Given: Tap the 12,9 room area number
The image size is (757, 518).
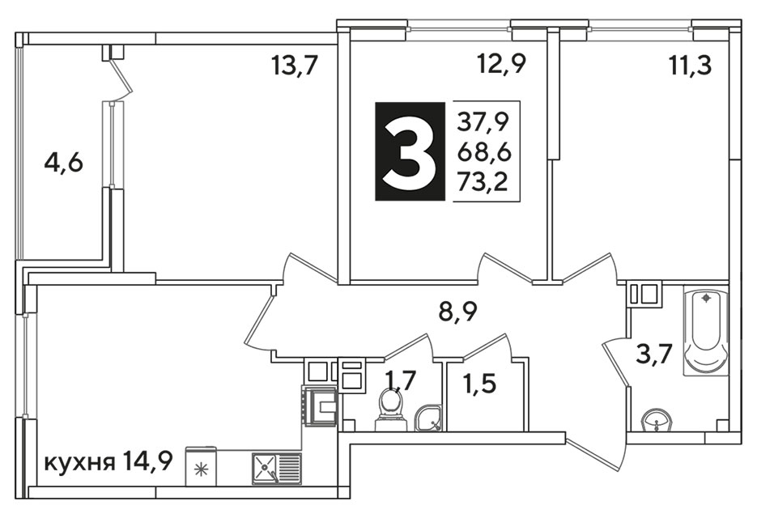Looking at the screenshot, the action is click(x=500, y=63).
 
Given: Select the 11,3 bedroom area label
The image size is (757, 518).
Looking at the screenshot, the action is click(x=691, y=65).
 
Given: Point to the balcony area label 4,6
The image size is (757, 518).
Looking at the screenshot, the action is click(x=63, y=163).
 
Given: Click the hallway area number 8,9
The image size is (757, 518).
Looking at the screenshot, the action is click(x=457, y=312).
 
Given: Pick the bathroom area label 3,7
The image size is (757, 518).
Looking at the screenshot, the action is click(x=652, y=357).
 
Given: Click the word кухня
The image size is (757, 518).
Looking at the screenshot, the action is click(x=79, y=464).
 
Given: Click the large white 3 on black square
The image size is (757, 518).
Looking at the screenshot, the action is click(x=410, y=151).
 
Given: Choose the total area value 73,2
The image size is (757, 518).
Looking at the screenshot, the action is click(x=483, y=182).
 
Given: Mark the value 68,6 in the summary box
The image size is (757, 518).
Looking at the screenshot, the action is click(x=483, y=151).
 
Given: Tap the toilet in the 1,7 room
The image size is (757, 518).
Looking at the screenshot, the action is click(x=391, y=409).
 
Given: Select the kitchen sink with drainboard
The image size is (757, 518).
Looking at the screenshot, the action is click(x=277, y=469).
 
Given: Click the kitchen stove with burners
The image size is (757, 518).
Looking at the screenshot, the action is click(x=320, y=405).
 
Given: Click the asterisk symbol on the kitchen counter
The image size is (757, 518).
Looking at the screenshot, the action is click(x=198, y=469).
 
